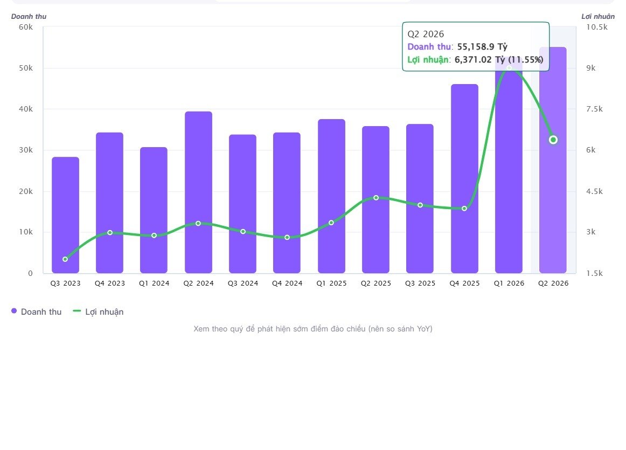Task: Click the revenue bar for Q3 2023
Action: pyautogui.click(x=66, y=215)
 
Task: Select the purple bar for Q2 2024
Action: pyautogui.click(x=198, y=192)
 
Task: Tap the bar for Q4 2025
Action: pyautogui.click(x=465, y=178)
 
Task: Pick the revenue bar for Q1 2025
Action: pyautogui.click(x=331, y=196)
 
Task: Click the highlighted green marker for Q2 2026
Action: pyautogui.click(x=553, y=140)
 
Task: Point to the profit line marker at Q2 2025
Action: pyautogui.click(x=375, y=198)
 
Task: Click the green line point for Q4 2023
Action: pyautogui.click(x=110, y=232)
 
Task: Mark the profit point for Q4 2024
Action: pyautogui.click(x=287, y=237)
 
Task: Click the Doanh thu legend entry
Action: pyautogui.click(x=36, y=311)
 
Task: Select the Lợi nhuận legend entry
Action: pyautogui.click(x=98, y=311)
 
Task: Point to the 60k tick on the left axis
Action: pyautogui.click(x=26, y=27)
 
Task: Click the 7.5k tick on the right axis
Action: pyautogui.click(x=594, y=109)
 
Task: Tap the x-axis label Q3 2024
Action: pyautogui.click(x=243, y=283)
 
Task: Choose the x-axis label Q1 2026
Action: pyautogui.click(x=509, y=283)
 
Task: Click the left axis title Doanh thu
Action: pyautogui.click(x=29, y=16)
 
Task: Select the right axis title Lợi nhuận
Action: pyautogui.click(x=598, y=16)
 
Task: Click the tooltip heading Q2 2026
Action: pyautogui.click(x=426, y=34)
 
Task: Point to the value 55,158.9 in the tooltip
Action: pyautogui.click(x=476, y=47)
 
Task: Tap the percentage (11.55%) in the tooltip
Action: pyautogui.click(x=526, y=60)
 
